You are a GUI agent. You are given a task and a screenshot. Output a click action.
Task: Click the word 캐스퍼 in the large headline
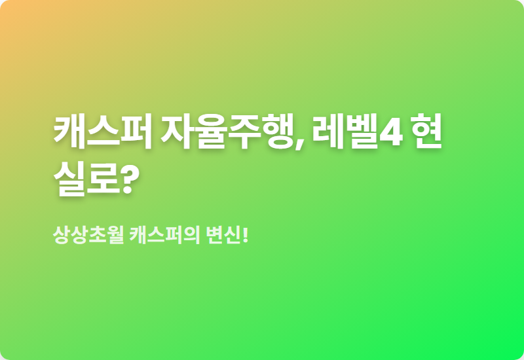(103, 132)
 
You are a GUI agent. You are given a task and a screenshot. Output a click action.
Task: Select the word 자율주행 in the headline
(227, 132)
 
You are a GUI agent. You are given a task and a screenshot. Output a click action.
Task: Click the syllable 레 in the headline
(328, 132)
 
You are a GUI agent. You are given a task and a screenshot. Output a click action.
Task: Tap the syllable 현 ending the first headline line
(426, 132)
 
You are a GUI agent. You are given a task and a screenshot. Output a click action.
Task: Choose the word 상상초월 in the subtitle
(88, 235)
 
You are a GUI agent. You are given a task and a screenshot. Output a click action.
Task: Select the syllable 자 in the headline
(178, 132)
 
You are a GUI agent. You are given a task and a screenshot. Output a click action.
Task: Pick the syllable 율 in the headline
(211, 132)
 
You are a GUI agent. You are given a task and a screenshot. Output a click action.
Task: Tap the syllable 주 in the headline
(245, 132)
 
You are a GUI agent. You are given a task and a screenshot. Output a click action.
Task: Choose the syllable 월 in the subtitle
(116, 235)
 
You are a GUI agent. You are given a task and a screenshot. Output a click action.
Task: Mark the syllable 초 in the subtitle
(98, 235)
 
